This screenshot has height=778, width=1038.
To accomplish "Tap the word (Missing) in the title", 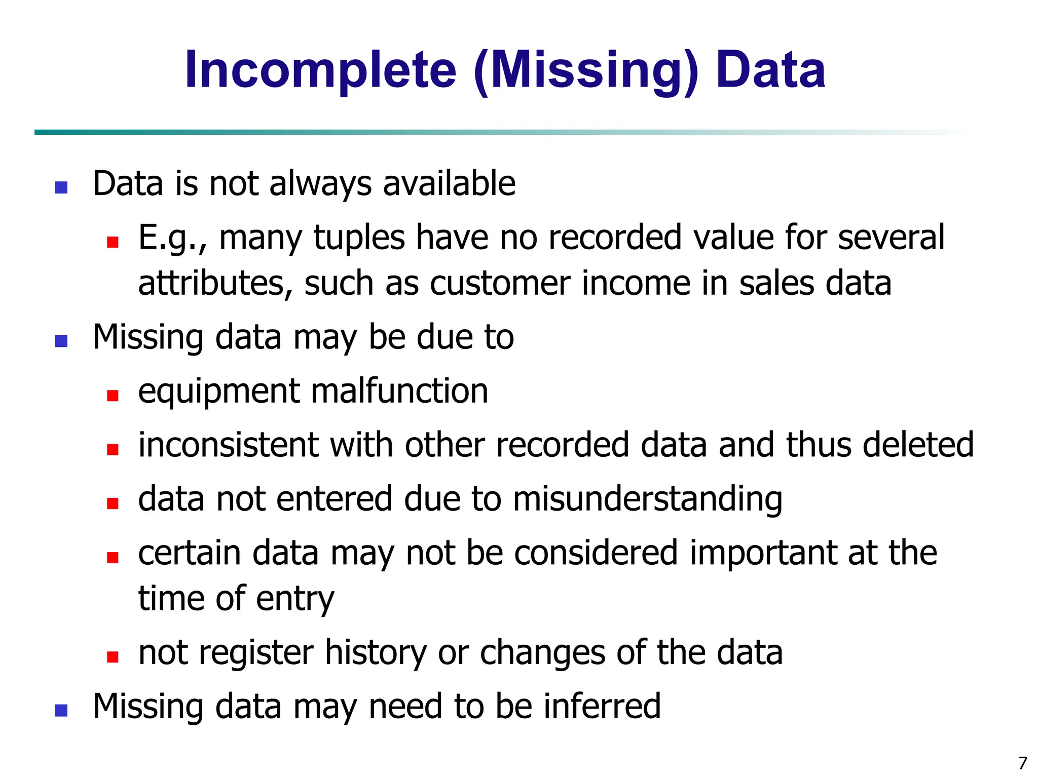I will tap(586, 71).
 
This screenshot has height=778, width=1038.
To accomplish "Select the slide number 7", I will tap(1022, 763).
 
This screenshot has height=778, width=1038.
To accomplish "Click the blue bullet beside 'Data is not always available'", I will tap(61, 187).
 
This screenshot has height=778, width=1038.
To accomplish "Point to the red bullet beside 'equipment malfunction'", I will tap(113, 395).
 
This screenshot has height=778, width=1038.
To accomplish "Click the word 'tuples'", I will tap(359, 238).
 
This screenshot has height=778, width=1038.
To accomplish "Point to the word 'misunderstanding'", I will tap(647, 500).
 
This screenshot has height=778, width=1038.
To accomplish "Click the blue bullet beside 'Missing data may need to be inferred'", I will tap(61, 710).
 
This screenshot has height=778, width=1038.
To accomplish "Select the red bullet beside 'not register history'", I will tap(113, 657).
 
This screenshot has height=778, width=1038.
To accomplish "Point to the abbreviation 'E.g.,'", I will tap(172, 238).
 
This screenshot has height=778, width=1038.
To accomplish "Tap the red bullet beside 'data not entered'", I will tap(113, 503).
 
